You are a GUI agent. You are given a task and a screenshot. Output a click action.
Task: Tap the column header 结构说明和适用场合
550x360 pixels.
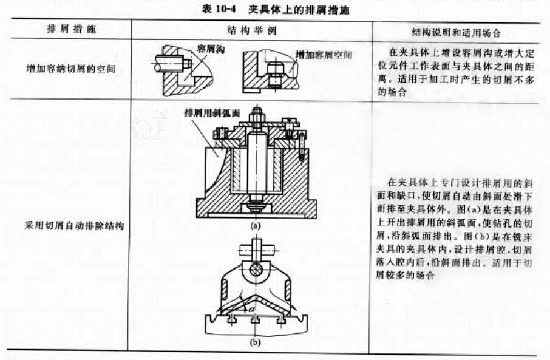point(452,30)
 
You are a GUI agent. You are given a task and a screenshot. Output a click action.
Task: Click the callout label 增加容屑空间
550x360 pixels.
point(324,55)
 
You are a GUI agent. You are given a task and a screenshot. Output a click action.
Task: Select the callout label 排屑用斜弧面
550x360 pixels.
point(210,113)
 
